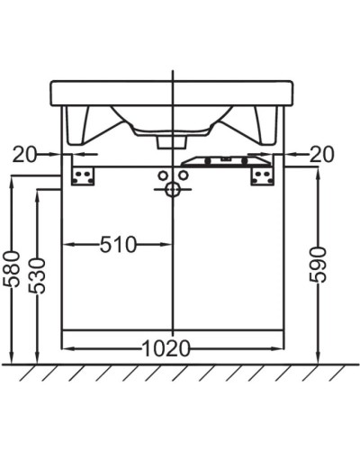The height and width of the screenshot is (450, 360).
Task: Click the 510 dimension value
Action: click(117, 244)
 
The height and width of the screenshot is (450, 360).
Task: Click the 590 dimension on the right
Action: click(319, 261)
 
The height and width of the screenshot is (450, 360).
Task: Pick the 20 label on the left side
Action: click(24, 154)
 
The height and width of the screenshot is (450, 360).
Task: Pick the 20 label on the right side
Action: click(321, 154)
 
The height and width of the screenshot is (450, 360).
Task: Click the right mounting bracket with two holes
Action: click(262, 172)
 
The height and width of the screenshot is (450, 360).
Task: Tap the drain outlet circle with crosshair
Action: click(172, 190)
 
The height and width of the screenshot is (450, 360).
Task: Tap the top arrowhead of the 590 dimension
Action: click(319, 171)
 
